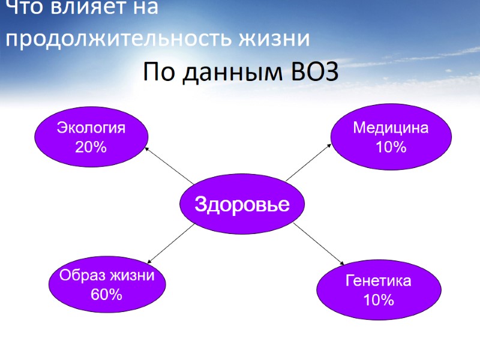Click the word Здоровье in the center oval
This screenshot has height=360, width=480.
pyautogui.click(x=242, y=205)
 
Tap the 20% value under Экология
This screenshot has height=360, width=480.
pyautogui.click(x=91, y=146)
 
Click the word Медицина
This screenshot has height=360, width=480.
pyautogui.click(x=391, y=128)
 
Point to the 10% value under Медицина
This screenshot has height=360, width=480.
pyautogui.click(x=391, y=146)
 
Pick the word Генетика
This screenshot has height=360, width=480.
pyautogui.click(x=378, y=281)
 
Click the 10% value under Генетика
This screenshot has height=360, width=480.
pyautogui.click(x=378, y=299)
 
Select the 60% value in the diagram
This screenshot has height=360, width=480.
pyautogui.click(x=107, y=294)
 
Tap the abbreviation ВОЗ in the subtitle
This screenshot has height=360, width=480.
pyautogui.click(x=315, y=73)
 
